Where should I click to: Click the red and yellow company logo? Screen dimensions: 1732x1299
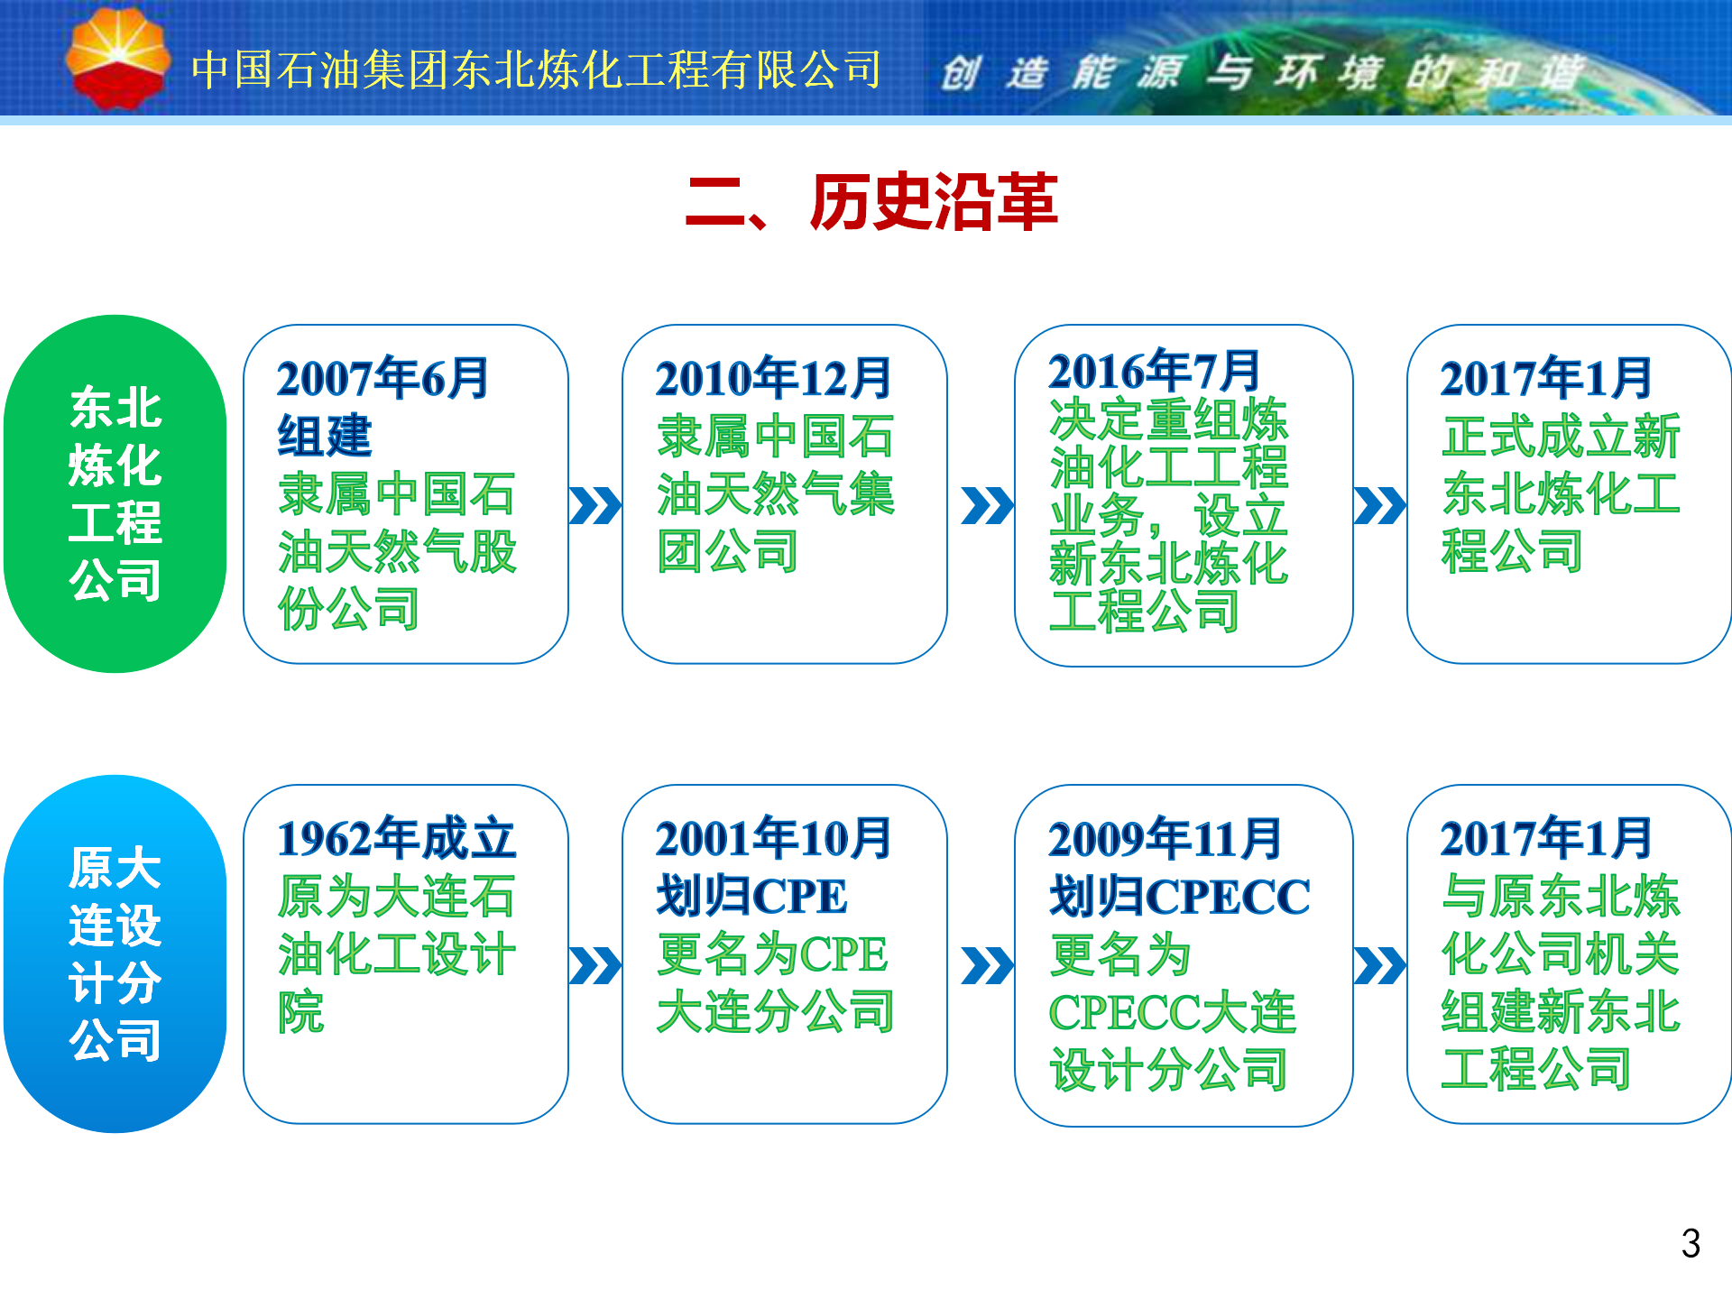point(117,59)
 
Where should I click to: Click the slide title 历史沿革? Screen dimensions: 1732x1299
point(934,201)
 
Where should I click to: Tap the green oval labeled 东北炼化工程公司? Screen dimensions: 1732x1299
point(115,493)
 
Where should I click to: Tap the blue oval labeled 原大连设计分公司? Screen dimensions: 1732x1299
point(115,954)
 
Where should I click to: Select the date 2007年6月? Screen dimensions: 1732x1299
point(382,378)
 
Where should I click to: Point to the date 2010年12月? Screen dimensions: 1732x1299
point(773,378)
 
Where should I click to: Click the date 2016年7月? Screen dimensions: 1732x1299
point(1154,370)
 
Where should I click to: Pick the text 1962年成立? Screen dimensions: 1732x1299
point(397,838)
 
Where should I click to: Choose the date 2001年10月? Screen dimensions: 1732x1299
point(773,838)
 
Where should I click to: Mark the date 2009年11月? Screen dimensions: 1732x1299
point(1165,838)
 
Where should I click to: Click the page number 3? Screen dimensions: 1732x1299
point(1691,1244)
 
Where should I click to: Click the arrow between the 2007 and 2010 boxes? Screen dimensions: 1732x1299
point(595,505)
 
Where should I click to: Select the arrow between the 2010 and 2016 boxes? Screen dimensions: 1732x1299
point(988,505)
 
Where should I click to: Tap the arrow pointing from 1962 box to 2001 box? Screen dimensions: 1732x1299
point(595,965)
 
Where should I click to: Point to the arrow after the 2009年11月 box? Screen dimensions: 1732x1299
point(1380,965)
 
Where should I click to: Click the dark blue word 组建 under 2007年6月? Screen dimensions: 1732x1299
point(325,436)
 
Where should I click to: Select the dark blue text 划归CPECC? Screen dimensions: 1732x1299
point(1180,896)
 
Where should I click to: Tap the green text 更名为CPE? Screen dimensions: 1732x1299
point(773,954)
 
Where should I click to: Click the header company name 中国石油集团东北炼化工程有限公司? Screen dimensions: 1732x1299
point(537,69)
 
